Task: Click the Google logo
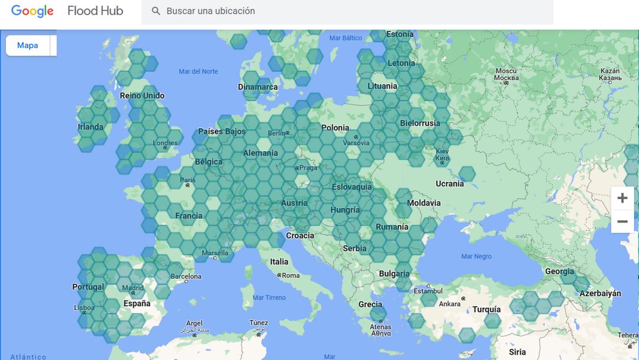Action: [x=32, y=11]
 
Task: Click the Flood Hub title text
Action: [x=95, y=11]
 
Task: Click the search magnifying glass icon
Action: [x=156, y=11]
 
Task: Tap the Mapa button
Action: [x=27, y=46]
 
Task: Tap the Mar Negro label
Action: [x=476, y=256]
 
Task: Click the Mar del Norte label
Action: [x=198, y=72]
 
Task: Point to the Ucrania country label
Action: [x=450, y=184]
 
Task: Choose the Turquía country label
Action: [x=486, y=310]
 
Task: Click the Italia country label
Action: [x=279, y=262]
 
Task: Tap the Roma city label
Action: [x=291, y=275]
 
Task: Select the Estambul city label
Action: [x=428, y=291]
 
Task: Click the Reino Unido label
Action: [x=142, y=95]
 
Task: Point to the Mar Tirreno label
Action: [x=269, y=298]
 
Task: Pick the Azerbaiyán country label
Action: [x=601, y=293]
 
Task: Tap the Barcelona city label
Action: [x=186, y=277]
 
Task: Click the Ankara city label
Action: [x=450, y=304]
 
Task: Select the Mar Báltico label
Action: [x=346, y=38]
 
